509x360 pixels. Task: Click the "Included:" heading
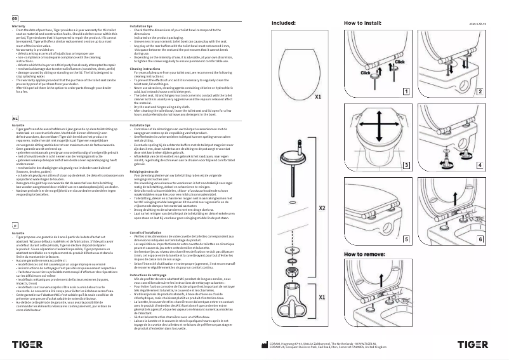click(x=284, y=22)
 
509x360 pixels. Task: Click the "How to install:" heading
click(x=363, y=22)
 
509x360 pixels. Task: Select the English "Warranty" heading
click(x=19, y=26)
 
